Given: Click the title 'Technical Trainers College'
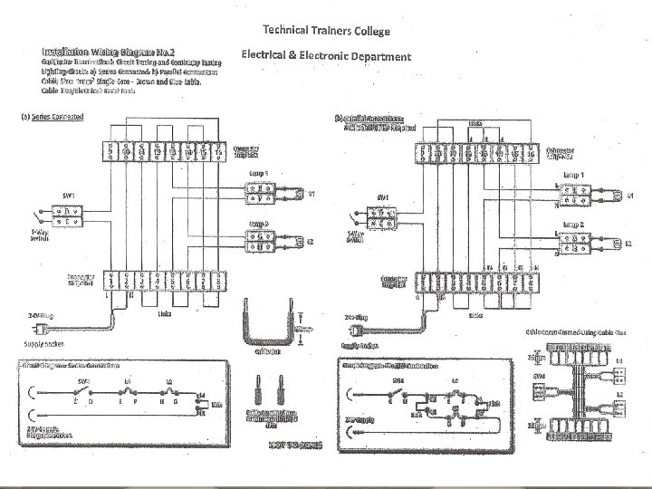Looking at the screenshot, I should pos(326,32).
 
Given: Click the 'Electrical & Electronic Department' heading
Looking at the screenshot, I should pos(326,56).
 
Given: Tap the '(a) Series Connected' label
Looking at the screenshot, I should pos(53,117).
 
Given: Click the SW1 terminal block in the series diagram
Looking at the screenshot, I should pos(65,215).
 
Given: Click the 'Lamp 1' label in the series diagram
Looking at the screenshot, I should pos(256,172).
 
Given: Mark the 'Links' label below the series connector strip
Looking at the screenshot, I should pos(164,313).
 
